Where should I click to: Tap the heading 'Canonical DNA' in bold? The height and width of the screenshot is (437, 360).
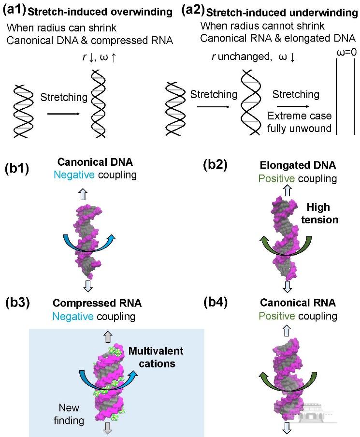click(97, 163)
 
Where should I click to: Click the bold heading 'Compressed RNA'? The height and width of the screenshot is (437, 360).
click(97, 304)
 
